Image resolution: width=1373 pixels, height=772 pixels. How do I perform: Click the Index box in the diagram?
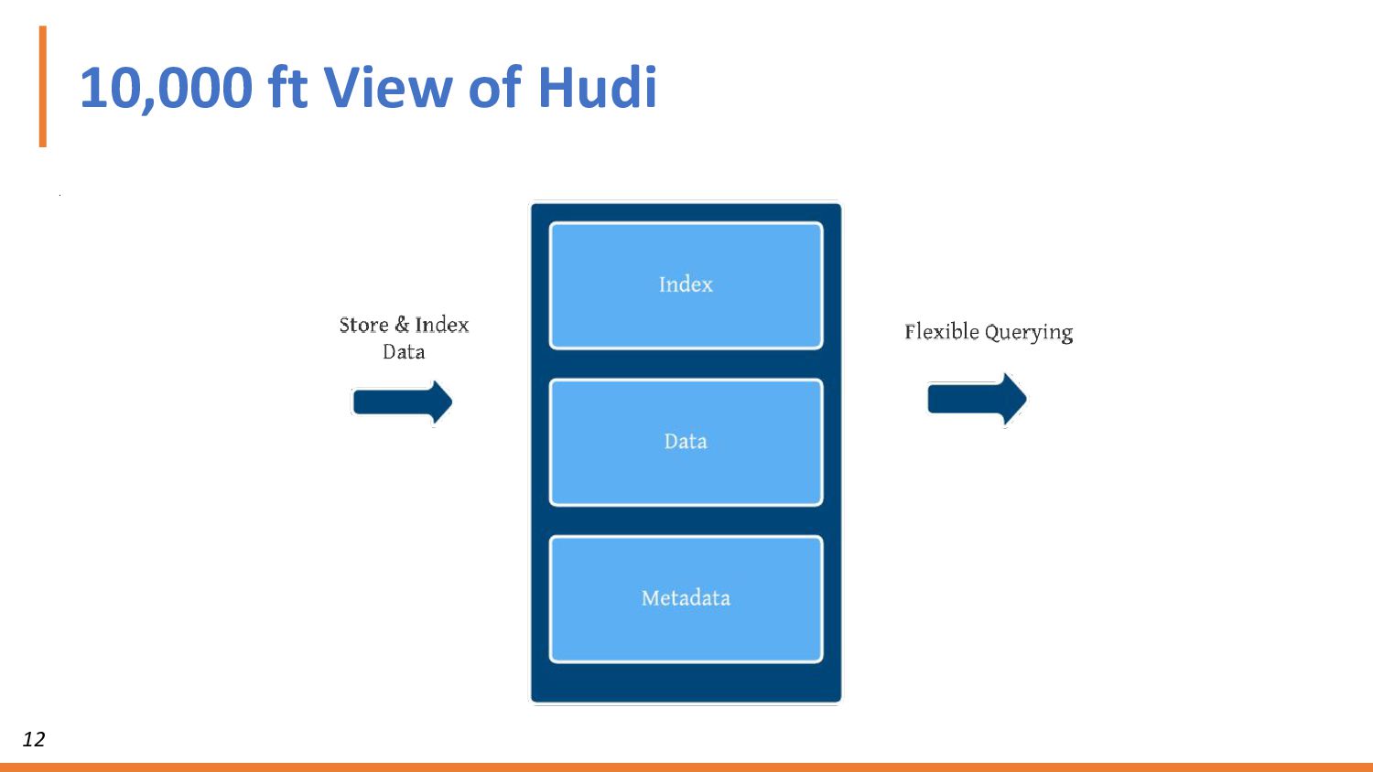pyautogui.click(x=686, y=311)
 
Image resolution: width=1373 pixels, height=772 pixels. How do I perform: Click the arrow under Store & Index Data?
pyautogui.click(x=402, y=402)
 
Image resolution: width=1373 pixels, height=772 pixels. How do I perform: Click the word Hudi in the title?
pyautogui.click(x=597, y=88)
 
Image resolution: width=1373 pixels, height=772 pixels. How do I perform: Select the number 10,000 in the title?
pyautogui.click(x=166, y=90)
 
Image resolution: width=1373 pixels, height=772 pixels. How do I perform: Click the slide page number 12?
pyautogui.click(x=34, y=739)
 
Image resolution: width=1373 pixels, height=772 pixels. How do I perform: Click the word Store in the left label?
pyautogui.click(x=363, y=325)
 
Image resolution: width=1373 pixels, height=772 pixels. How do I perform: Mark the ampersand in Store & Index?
pyautogui.click(x=402, y=325)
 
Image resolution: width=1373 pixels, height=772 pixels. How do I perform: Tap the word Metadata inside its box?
pyautogui.click(x=686, y=598)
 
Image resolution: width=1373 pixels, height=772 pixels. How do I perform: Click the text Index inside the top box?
pyautogui.click(x=686, y=284)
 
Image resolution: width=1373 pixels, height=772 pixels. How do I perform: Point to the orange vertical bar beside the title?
pyautogui.click(x=42, y=86)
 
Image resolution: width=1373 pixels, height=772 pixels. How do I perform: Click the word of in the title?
pyautogui.click(x=494, y=88)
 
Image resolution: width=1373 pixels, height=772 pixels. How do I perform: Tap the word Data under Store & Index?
pyautogui.click(x=404, y=352)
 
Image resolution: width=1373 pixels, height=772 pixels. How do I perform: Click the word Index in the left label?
pyautogui.click(x=442, y=325)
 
